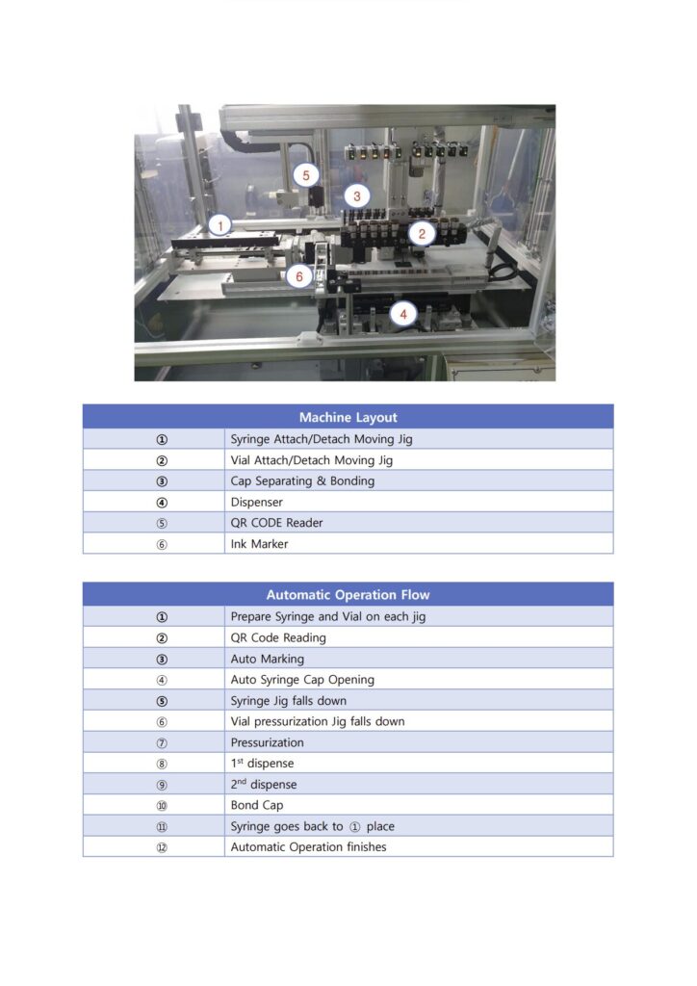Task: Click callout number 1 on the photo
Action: click(220, 225)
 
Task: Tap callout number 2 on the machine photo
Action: click(421, 232)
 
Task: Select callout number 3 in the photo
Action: click(357, 195)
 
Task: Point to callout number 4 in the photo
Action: click(403, 313)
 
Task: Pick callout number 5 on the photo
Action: click(306, 175)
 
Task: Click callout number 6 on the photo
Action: click(298, 276)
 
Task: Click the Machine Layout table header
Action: click(348, 417)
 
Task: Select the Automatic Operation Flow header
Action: click(348, 595)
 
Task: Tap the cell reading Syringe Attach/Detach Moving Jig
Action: click(322, 439)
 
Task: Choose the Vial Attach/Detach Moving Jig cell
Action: click(311, 460)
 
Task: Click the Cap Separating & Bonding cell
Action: click(302, 481)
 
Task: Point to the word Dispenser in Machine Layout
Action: click(256, 502)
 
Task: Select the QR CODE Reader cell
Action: click(276, 523)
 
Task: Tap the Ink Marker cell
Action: click(259, 544)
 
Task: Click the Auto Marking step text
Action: click(267, 659)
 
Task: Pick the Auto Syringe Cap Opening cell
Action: click(302, 680)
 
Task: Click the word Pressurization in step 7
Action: click(267, 742)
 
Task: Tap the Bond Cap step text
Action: click(257, 805)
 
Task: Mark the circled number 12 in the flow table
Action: click(162, 847)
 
